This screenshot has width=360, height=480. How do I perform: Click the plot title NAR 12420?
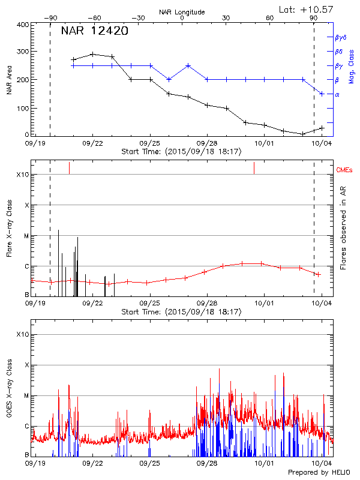pos(94,31)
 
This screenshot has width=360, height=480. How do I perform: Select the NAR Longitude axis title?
pos(182,12)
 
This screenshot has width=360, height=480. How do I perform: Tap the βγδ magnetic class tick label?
pos(340,37)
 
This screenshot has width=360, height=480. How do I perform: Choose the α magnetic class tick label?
pos(337,94)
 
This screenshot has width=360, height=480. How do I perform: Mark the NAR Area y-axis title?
pos(9,80)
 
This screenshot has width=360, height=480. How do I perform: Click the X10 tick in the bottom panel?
pos(23,334)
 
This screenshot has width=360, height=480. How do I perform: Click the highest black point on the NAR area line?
pos(92,54)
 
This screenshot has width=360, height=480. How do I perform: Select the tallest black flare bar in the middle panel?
pos(58,230)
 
